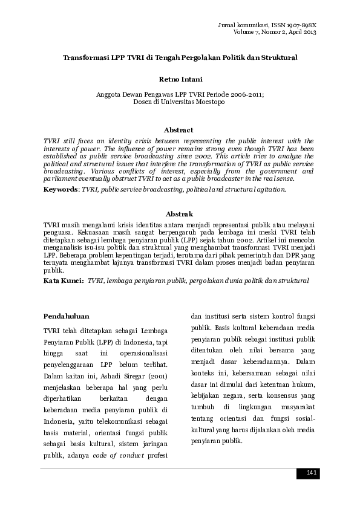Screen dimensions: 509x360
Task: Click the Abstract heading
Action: click(x=180, y=130)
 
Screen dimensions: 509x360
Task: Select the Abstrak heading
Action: click(x=180, y=214)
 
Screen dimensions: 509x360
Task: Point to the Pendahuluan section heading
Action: click(x=67, y=316)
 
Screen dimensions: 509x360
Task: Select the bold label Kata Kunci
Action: click(x=64, y=281)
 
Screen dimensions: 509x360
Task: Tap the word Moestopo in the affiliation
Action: click(x=208, y=102)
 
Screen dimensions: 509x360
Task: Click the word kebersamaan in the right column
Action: click(x=241, y=372)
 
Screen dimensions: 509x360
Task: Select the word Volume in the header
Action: click(x=246, y=32)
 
